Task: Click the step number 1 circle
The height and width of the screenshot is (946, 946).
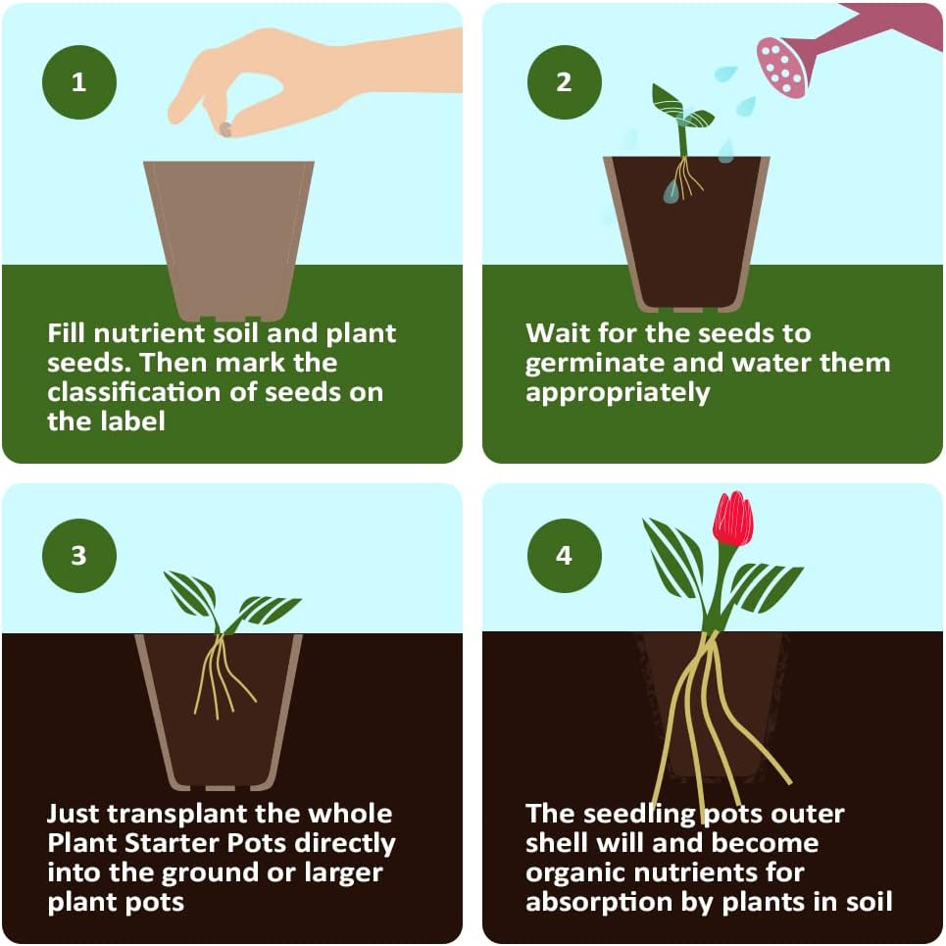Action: tap(78, 82)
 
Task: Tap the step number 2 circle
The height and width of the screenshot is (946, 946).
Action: tap(564, 82)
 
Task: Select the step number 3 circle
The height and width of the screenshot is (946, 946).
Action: tap(78, 556)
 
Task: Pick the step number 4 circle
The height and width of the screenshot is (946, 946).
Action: tap(564, 556)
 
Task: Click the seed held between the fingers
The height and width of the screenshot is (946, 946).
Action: tap(224, 128)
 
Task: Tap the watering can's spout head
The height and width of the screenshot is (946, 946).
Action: tap(782, 67)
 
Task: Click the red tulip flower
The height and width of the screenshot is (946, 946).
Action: tap(732, 520)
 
